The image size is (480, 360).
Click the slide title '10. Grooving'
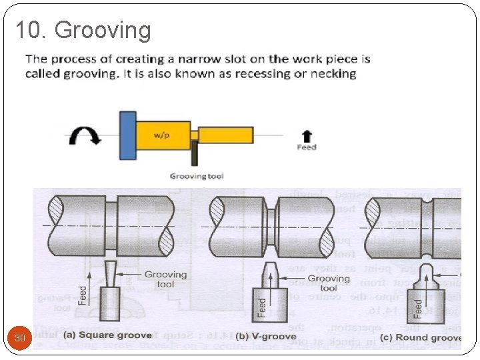pos(83,30)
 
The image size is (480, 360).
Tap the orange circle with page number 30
pos(20,338)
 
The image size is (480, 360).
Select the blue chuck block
pos(127,136)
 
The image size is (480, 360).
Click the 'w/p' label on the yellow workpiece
pos(161,135)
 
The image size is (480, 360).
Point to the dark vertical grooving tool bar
pos(195,153)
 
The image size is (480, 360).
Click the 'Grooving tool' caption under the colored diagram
pos(197,177)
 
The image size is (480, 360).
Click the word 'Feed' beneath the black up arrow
pos(306,147)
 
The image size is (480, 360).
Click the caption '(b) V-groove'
pos(263,336)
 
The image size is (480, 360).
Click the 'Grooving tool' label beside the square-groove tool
pos(166,279)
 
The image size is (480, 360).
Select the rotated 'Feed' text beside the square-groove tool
pos(83,296)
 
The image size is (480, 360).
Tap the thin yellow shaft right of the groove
pos(225,135)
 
